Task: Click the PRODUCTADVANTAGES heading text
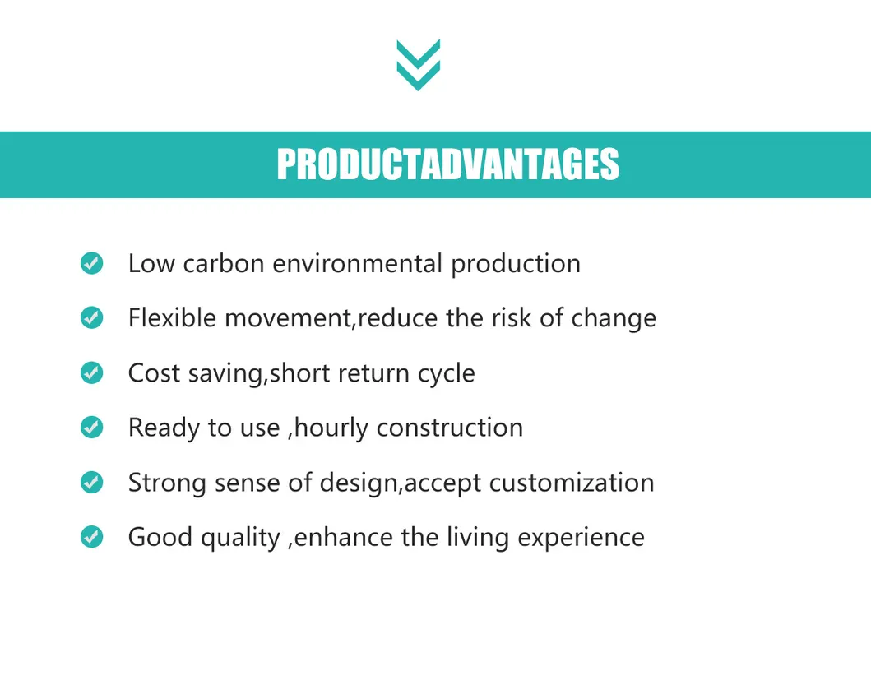click(x=447, y=164)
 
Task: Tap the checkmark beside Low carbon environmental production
click(x=91, y=263)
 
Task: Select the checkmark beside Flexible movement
click(x=91, y=317)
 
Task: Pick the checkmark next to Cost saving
click(x=91, y=372)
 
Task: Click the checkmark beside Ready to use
click(x=91, y=428)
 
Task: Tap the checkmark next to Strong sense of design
click(x=91, y=482)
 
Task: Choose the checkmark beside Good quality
click(x=91, y=537)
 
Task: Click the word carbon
click(x=224, y=263)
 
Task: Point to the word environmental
click(x=357, y=263)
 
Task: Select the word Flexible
click(x=172, y=317)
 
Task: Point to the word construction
click(x=449, y=428)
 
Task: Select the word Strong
click(x=167, y=483)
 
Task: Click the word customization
click(x=572, y=482)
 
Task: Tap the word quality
click(x=240, y=538)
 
